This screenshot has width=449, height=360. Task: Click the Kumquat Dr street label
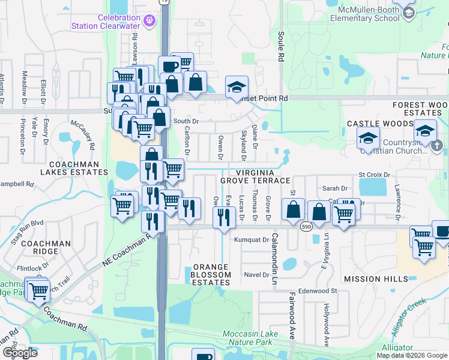[x=253, y=239]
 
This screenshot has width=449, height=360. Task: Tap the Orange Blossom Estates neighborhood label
[x=212, y=271]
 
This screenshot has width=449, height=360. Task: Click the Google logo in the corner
[x=19, y=353]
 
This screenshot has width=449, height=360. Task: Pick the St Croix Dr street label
[x=375, y=175]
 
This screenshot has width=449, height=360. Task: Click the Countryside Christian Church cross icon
[x=437, y=145]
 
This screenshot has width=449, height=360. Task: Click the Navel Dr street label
[x=256, y=275]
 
